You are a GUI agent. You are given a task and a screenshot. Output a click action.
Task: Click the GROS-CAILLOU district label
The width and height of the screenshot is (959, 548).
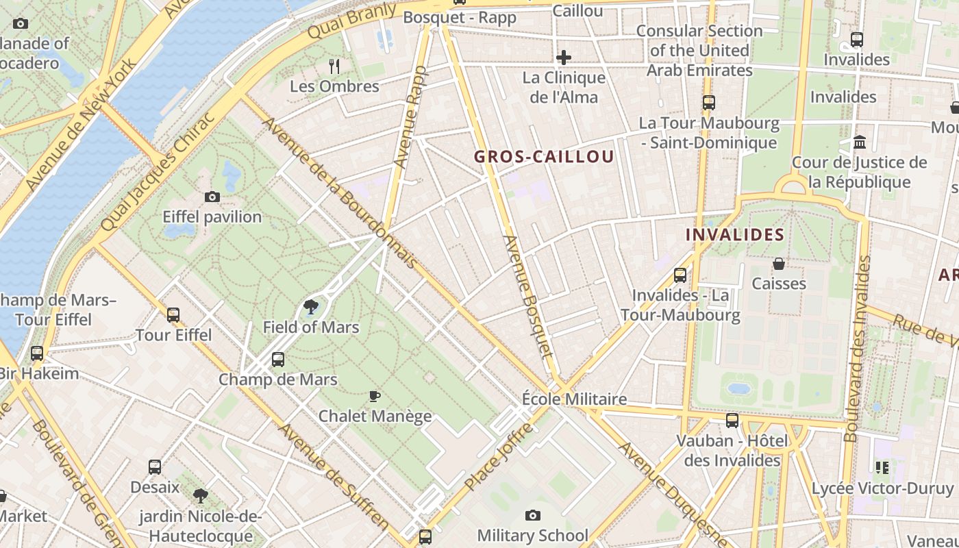tap(544, 157)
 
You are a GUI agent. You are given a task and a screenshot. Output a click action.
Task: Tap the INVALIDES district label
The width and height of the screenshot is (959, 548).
tap(735, 235)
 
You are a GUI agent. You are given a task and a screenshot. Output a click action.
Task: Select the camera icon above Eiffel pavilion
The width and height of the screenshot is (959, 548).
tap(212, 197)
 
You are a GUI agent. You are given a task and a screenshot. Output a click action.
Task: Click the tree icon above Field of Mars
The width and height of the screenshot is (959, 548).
tap(310, 306)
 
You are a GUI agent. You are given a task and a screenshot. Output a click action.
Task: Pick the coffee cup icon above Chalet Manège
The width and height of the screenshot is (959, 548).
tap(374, 396)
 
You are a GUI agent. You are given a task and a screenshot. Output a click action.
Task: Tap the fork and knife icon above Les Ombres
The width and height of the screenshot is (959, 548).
tap(334, 66)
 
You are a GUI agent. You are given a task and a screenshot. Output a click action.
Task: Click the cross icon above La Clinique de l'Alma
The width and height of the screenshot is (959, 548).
tap(564, 57)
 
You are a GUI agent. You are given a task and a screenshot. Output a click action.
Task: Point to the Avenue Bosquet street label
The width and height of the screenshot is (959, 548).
tap(527, 296)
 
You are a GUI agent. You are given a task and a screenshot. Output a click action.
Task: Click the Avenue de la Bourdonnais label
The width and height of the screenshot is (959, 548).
tap(340, 193)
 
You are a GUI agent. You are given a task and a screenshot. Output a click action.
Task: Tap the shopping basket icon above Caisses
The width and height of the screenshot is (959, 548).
tap(778, 264)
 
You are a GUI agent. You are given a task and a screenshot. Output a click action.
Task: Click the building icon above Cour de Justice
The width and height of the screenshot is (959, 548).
tap(859, 142)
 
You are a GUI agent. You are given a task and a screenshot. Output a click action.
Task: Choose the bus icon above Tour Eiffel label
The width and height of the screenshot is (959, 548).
tap(173, 315)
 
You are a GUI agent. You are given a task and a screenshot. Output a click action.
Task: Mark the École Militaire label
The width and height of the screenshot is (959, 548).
tap(574, 399)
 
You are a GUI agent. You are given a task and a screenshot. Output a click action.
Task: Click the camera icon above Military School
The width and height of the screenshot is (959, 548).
tap(532, 515)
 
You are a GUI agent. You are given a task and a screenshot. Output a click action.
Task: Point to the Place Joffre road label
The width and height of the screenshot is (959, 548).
tap(498, 456)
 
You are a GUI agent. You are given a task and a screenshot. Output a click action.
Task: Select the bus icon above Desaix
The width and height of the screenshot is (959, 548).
tap(155, 467)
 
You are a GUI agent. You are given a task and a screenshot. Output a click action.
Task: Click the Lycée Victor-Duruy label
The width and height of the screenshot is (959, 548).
tap(882, 488)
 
